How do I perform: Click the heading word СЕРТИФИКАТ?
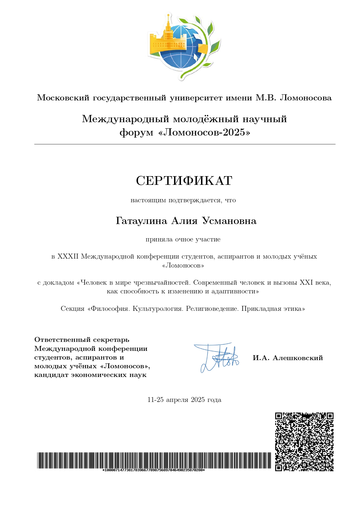pyautogui.click(x=184, y=181)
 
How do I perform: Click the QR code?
pyautogui.click(x=304, y=441)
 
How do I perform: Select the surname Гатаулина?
pyautogui.click(x=141, y=221)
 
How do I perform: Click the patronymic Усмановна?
pyautogui.click(x=229, y=221)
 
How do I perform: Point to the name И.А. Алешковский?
pyautogui.click(x=287, y=358)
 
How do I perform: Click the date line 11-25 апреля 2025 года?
pyautogui.click(x=184, y=400)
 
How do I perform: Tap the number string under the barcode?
pyautogui.click(x=153, y=470)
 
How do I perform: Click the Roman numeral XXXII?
pyautogui.click(x=68, y=257)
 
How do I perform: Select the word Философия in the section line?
pyautogui.click(x=111, y=309)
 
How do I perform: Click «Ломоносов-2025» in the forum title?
pyautogui.click(x=204, y=133)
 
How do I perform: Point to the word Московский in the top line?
pyautogui.click(x=63, y=98)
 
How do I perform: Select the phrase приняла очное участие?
pyautogui.click(x=183, y=240)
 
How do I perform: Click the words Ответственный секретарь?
pyautogui.click(x=82, y=340)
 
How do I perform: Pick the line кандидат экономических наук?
pyautogui.click(x=90, y=375)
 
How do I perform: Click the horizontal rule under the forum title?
pyautogui.click(x=184, y=144)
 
